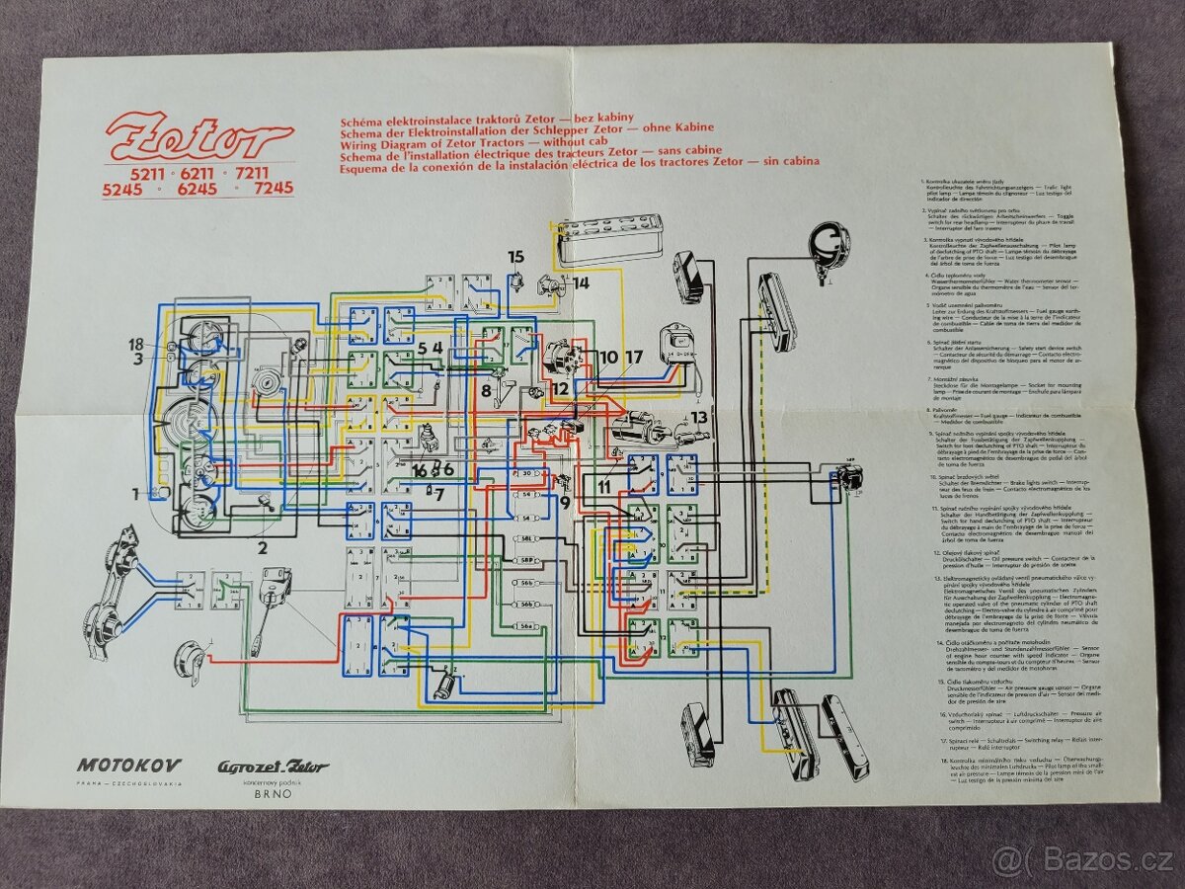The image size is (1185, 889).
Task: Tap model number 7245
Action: (274, 188)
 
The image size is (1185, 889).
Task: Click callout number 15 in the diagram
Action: (515, 258)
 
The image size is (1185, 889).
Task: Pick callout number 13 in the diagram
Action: (699, 417)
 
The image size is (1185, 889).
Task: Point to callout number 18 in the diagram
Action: (135, 344)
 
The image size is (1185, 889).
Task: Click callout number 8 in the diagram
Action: (486, 389)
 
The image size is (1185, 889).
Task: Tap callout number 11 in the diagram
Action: (604, 486)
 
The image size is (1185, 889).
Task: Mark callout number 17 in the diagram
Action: (633, 356)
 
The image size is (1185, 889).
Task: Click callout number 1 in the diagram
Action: (137, 493)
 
